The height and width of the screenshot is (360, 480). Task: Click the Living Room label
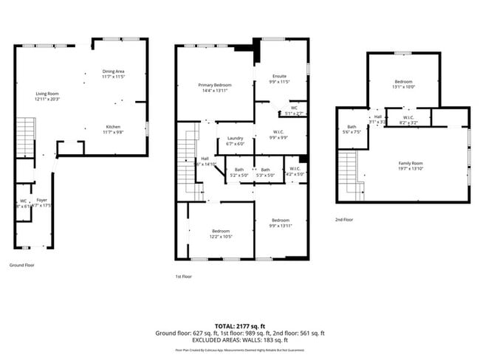pos(48,94)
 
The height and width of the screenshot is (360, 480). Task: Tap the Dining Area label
pos(113,71)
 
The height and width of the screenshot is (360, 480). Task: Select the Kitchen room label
pos(113,126)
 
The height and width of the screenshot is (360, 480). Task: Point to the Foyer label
pos(42,200)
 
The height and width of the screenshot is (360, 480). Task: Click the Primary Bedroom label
pos(215,85)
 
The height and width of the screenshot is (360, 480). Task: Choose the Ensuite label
pos(279,76)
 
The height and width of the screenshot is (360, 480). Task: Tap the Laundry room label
pos(236,138)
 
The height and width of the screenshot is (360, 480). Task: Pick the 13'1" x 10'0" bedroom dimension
pos(403,86)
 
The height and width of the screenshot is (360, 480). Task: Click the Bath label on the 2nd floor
pos(351,127)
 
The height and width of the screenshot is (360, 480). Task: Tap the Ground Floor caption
pos(21,265)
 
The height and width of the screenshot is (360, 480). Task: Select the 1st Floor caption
pos(184,276)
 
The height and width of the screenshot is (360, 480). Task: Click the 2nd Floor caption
pos(344,219)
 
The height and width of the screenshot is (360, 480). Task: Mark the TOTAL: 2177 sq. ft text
pos(240,325)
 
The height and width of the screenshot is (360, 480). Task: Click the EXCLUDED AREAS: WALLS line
pos(240,340)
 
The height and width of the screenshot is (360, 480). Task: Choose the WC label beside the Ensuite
pos(294,108)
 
